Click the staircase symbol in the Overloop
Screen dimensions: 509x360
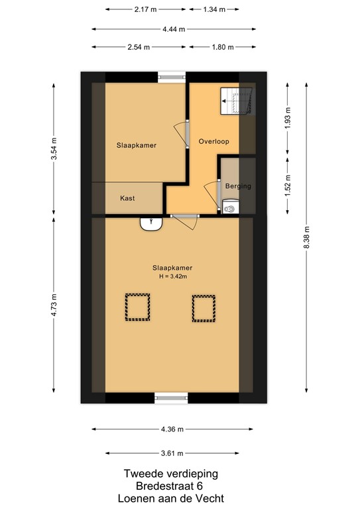tap(236, 101)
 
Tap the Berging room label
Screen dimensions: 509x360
tap(238, 186)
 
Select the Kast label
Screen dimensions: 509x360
tap(128, 198)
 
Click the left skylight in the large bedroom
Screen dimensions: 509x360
tap(137, 308)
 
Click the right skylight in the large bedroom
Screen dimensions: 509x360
tap(204, 308)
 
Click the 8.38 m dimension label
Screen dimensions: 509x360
tap(306, 237)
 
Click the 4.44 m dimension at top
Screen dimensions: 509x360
tap(173, 29)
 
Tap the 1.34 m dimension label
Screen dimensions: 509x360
tap(213, 10)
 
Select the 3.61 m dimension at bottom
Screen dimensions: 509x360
tap(172, 453)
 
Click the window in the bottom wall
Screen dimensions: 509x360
tap(172, 398)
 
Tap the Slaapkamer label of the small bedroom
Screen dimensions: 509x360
tap(137, 145)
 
